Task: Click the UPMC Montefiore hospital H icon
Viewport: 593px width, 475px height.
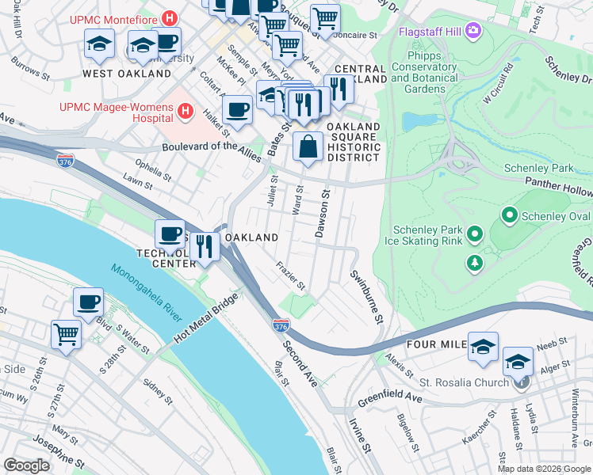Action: [168, 17]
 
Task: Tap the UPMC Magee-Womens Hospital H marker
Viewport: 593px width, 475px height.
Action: [185, 111]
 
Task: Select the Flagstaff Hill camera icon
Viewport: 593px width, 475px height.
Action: [474, 31]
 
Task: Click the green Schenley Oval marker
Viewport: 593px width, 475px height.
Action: [509, 215]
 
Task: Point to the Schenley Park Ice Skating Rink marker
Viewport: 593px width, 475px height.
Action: [475, 234]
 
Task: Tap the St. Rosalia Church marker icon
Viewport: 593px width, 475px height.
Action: [521, 383]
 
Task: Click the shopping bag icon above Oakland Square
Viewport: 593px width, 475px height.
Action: [308, 146]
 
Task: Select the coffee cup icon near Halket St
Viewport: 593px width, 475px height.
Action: [237, 109]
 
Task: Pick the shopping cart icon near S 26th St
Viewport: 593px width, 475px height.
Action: [66, 333]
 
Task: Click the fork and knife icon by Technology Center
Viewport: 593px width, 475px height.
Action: [204, 245]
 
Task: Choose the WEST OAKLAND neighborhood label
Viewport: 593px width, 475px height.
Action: [127, 74]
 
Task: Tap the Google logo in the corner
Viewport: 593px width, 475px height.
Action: [27, 465]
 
